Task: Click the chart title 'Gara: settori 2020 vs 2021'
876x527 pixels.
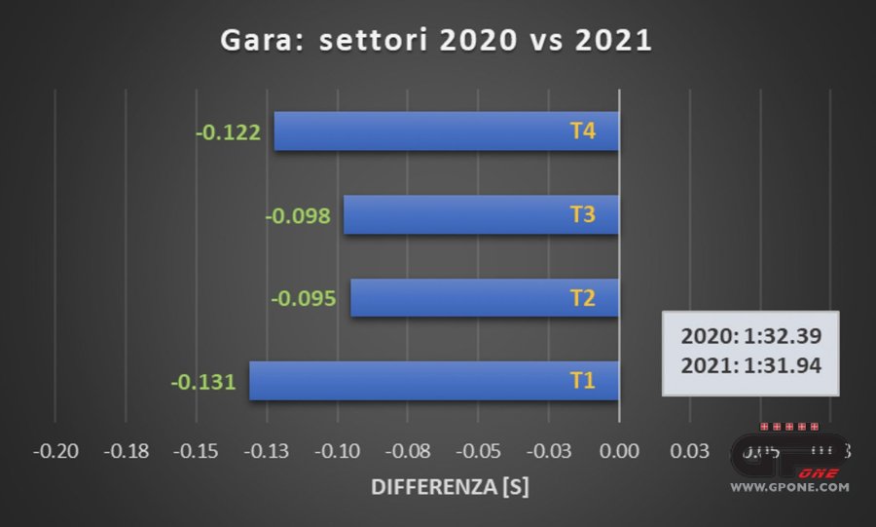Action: (x=437, y=41)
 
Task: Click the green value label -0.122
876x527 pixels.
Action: (x=229, y=132)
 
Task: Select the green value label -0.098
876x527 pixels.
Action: (x=298, y=215)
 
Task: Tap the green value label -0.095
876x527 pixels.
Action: (x=305, y=298)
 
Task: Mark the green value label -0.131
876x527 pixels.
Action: (x=203, y=381)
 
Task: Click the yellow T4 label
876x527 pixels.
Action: (x=582, y=131)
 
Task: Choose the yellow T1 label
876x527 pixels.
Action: (x=582, y=381)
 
